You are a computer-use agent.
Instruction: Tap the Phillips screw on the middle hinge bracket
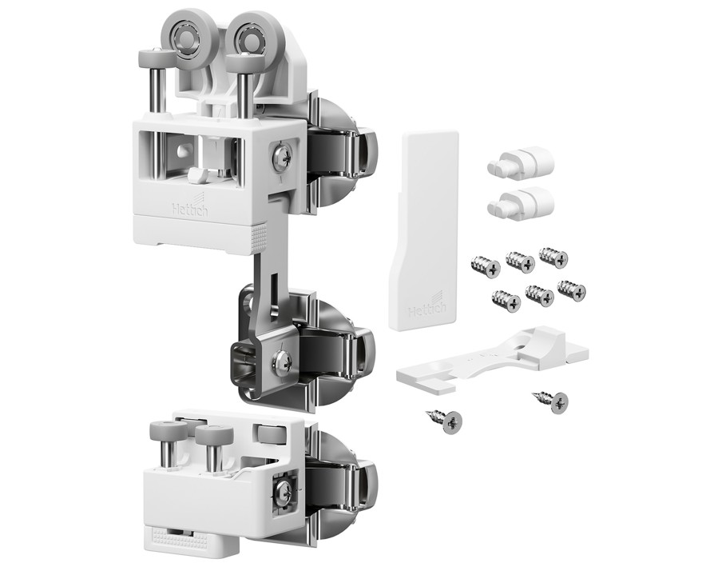[x=282, y=361]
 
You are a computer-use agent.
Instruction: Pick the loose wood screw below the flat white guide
[x=445, y=420]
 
